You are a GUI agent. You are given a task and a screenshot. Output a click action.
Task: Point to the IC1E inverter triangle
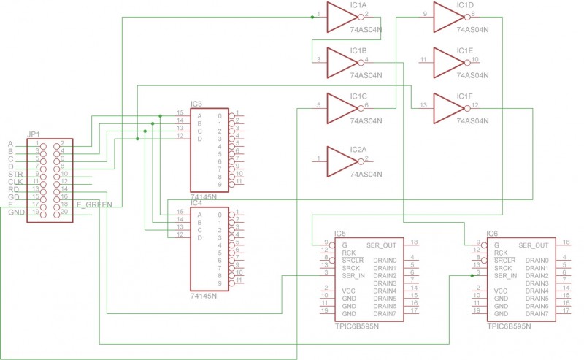(447, 61)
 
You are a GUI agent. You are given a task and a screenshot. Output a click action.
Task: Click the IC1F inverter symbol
(447, 107)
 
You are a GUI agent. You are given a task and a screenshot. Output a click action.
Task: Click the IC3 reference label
(196, 104)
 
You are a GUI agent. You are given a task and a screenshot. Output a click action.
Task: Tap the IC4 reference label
(196, 202)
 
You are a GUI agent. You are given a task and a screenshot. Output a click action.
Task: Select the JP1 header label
(34, 134)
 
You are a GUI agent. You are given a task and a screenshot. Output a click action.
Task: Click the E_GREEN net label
(94, 205)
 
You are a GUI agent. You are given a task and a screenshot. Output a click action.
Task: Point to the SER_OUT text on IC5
(381, 245)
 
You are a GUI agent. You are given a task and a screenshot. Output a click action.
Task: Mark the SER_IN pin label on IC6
(505, 275)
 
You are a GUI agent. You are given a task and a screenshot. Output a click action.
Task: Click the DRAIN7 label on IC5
(385, 313)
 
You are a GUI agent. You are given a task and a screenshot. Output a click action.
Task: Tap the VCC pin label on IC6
(501, 291)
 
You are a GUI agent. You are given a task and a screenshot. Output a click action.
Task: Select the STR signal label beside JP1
(15, 175)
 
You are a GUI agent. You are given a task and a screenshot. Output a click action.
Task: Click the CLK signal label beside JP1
(15, 182)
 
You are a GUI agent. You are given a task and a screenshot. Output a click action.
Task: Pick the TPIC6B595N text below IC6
(510, 327)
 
